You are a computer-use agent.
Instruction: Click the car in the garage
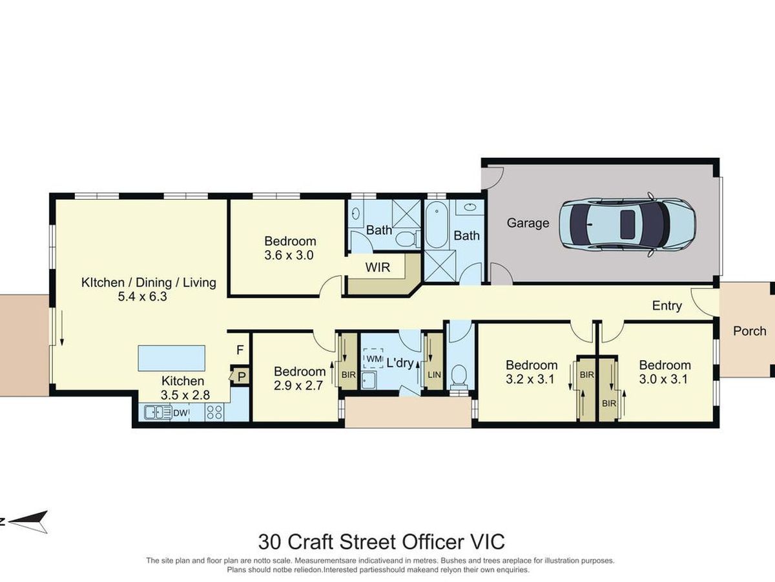627,225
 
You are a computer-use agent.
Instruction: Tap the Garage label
528,223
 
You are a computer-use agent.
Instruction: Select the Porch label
750,331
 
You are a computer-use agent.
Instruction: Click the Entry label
667,306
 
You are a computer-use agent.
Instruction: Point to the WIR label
378,268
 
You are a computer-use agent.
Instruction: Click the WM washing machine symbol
373,359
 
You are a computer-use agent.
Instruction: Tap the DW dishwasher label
180,413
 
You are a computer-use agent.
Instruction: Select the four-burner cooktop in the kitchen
214,413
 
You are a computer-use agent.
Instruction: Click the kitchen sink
158,413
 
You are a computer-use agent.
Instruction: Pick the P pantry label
242,377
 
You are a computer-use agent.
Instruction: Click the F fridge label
240,350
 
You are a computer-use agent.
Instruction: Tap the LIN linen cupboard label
434,374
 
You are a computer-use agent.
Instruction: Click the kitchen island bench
172,358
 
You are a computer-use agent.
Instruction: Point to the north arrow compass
28,522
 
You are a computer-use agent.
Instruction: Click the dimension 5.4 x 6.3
142,296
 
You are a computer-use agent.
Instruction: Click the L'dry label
400,363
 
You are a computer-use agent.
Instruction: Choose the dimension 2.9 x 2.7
299,385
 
